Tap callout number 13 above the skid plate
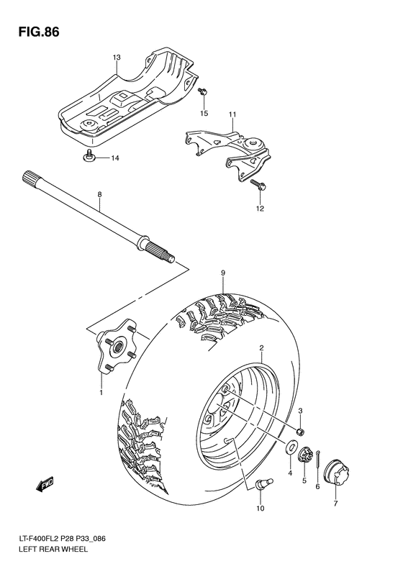point(116,57)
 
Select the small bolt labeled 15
point(203,92)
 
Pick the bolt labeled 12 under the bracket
point(258,186)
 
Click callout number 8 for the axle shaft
point(99,194)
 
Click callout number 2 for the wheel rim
point(261,347)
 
